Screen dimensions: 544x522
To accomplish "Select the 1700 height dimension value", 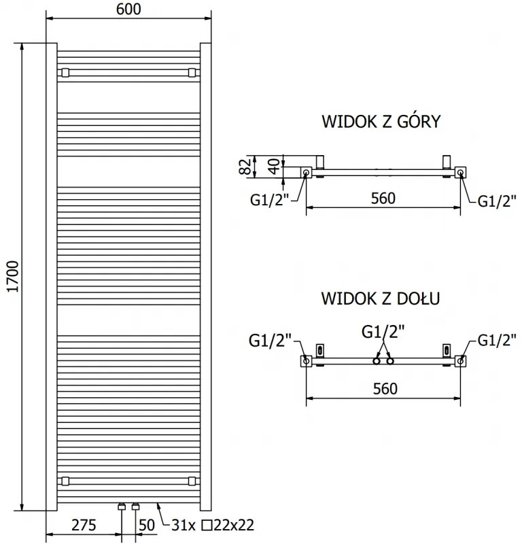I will click(x=12, y=278).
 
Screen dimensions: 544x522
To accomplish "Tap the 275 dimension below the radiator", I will click(x=84, y=525).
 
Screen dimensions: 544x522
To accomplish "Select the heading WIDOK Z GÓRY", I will click(x=381, y=122).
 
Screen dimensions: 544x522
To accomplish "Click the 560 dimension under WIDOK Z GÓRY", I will click(x=383, y=199).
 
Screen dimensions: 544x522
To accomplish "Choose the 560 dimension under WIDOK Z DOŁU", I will click(x=383, y=388).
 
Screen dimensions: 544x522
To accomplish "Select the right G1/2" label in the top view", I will click(x=496, y=200).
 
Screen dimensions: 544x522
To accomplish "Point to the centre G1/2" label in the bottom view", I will click(x=383, y=331).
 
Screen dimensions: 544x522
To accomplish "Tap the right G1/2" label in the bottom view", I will click(x=497, y=339).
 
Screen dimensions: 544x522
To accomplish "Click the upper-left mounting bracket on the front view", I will click(x=65, y=72).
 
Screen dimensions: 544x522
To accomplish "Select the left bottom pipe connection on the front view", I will click(x=122, y=507).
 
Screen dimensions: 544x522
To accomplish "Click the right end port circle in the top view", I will click(x=462, y=173).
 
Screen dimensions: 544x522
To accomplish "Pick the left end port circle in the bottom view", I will click(x=306, y=361).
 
